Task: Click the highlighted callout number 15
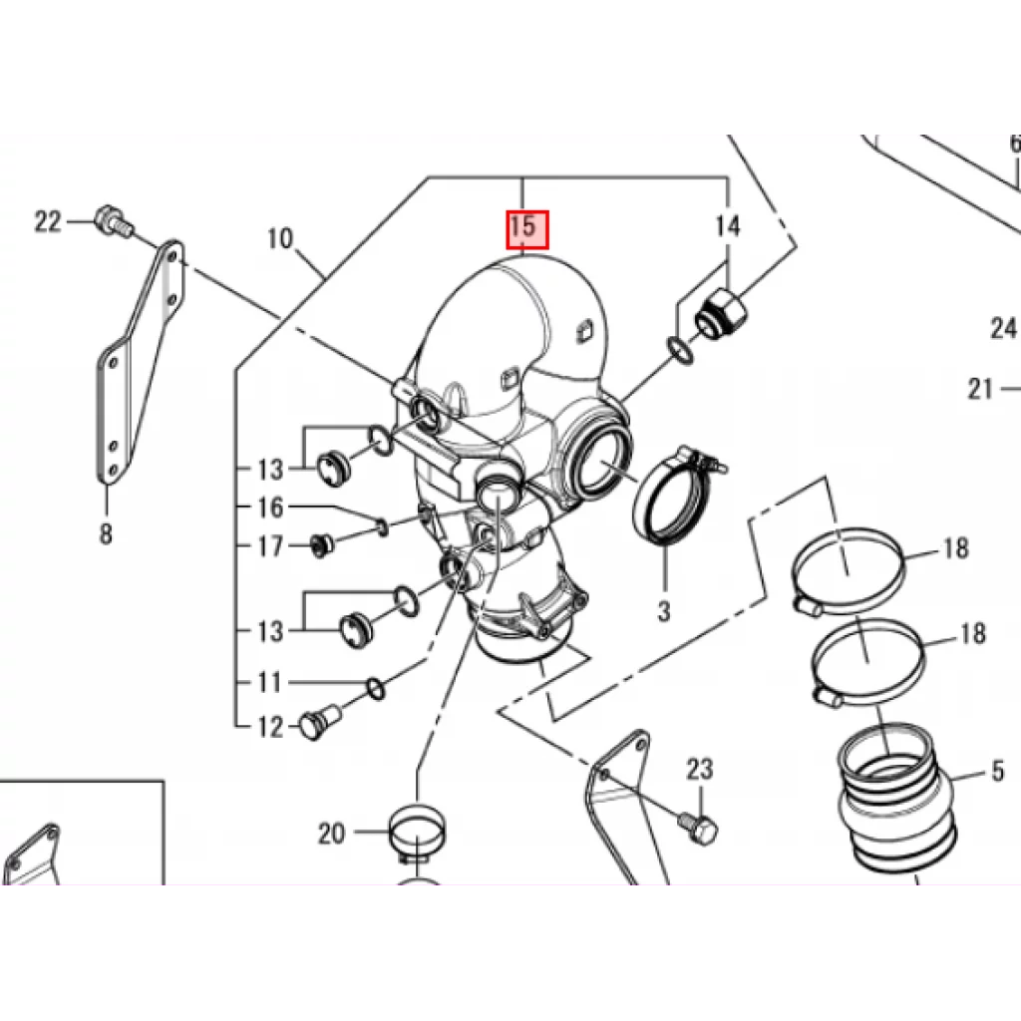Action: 528,229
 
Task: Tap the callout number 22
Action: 48,222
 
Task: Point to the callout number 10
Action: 280,239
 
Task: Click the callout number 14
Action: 728,226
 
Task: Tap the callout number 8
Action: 106,534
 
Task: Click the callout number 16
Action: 271,508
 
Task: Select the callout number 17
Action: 271,546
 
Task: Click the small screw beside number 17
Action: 320,545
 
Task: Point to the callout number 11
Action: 270,682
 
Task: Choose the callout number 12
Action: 271,727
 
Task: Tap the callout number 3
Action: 663,611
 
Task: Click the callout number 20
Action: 331,833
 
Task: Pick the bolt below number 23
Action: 698,828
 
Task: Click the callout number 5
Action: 998,771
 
